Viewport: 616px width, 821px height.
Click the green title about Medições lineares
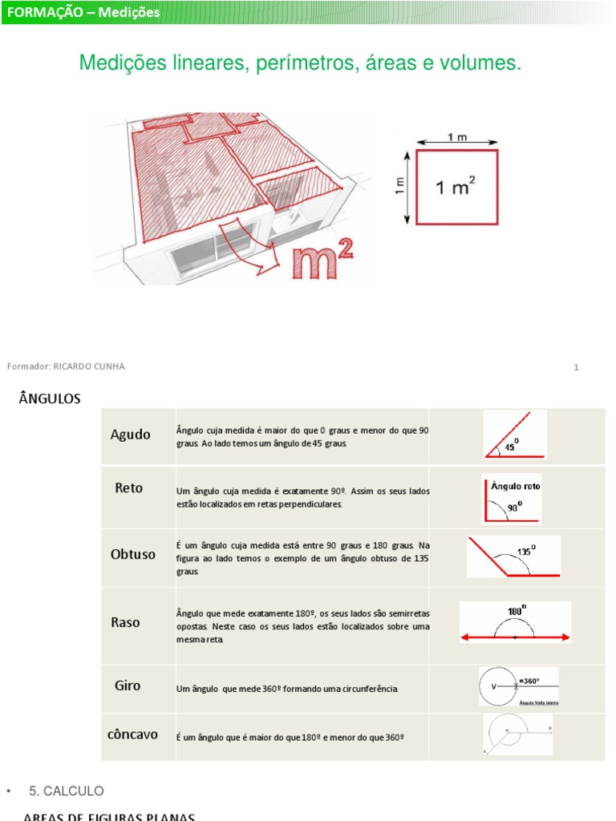point(300,63)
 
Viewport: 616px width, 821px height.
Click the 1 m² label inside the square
point(455,188)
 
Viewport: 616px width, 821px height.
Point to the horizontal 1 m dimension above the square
point(456,139)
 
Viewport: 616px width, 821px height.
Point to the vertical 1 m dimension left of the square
point(401,186)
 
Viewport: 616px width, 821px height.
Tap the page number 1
point(576,367)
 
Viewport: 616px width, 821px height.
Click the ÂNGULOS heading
point(49,398)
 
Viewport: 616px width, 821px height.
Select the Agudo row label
point(130,435)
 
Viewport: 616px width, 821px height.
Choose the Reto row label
point(129,487)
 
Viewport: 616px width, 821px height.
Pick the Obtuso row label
point(133,554)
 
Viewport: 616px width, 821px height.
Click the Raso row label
point(126,622)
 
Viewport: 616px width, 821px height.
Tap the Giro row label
point(128,686)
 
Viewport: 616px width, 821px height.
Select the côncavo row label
point(132,734)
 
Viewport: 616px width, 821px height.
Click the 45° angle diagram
point(515,435)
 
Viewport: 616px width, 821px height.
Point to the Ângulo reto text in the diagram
point(515,486)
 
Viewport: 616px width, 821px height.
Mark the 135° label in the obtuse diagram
point(526,551)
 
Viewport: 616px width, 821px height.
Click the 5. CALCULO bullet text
point(67,791)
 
